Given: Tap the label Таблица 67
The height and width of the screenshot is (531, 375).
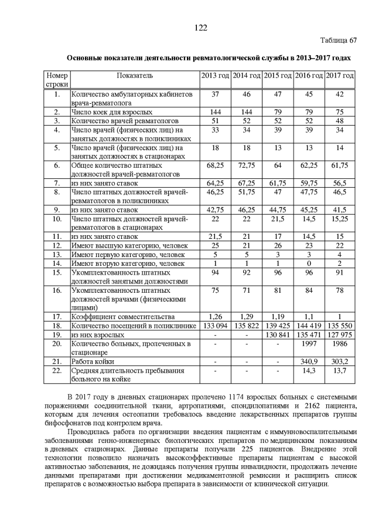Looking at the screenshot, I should (337, 40).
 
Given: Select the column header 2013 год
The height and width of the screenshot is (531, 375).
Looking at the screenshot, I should (215, 76).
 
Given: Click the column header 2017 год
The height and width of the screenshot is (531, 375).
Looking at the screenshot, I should (339, 76).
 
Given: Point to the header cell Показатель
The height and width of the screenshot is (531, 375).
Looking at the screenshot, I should (135, 76).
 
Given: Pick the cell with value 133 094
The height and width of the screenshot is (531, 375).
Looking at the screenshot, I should (215, 325).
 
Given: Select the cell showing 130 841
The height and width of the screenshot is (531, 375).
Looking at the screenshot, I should (277, 334).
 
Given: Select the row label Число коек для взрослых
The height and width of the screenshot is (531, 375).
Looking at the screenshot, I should (111, 111).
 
